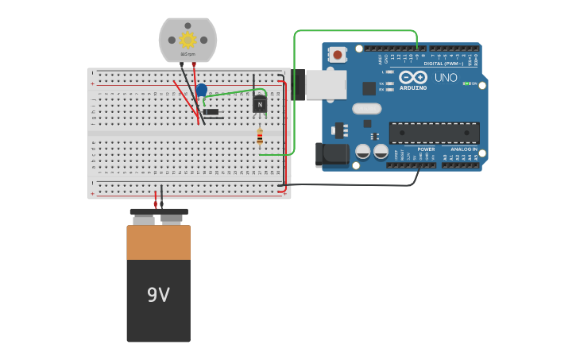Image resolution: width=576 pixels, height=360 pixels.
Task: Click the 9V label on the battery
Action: point(158,295)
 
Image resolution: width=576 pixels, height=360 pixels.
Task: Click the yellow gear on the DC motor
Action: point(187,40)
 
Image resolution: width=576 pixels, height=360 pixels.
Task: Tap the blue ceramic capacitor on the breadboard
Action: point(202,91)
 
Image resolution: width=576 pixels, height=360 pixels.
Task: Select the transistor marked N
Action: point(260,104)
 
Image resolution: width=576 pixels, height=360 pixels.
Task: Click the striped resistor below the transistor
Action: point(260,137)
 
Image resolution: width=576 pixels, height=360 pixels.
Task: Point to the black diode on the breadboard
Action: point(211,112)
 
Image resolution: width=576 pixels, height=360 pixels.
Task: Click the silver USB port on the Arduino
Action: point(325,84)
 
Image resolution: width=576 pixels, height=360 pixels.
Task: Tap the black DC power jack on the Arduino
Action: point(331,154)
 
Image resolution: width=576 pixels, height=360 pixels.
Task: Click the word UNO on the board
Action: point(446,78)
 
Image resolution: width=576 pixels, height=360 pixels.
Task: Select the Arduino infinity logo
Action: point(413,77)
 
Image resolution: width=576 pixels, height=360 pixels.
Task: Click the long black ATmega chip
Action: point(434,133)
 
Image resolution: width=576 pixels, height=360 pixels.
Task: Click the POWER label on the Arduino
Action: point(426,149)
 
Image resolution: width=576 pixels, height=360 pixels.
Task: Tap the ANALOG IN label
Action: point(464,149)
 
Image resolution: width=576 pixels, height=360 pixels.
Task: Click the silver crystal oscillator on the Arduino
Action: point(367,108)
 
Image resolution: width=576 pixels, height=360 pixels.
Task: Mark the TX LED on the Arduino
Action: point(389,83)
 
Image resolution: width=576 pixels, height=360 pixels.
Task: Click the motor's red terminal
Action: point(194,64)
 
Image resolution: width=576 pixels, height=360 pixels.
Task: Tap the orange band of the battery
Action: point(158,242)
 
